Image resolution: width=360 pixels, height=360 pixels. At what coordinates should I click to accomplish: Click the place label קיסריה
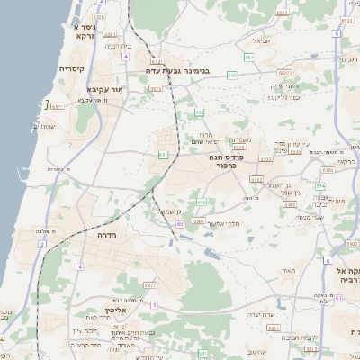point(72,68)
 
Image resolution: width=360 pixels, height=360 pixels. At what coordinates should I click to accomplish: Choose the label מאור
point(287,270)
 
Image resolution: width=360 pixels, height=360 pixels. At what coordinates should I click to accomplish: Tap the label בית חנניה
point(118,45)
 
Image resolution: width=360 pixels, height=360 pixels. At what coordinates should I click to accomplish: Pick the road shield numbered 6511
point(58,106)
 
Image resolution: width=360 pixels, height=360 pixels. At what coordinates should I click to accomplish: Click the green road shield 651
point(164,155)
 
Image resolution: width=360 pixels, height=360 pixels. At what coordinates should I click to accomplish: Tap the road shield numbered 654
point(249,57)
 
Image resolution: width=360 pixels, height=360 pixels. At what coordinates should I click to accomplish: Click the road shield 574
point(319,185)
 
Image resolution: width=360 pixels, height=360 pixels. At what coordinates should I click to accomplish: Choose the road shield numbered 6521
point(157,88)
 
